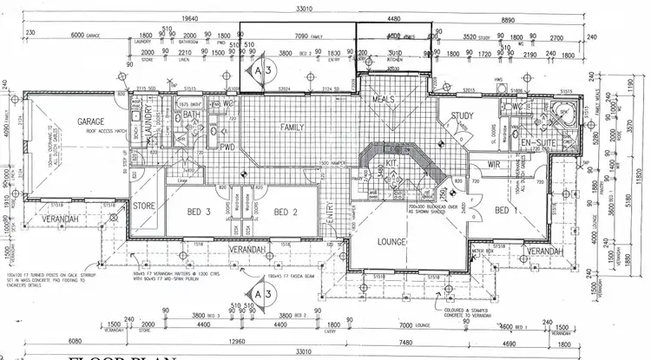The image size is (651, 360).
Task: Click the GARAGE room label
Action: tap(90, 122)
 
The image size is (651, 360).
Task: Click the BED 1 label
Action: tap(503, 211)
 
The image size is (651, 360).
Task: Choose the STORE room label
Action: tap(144, 206)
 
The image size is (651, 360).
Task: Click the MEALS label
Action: tap(384, 98)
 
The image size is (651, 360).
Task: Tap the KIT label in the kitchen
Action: tap(391, 162)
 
